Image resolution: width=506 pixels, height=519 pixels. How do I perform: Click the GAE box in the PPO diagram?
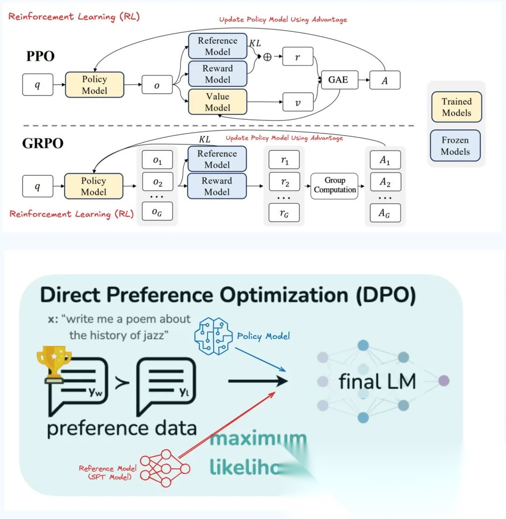click(x=338, y=80)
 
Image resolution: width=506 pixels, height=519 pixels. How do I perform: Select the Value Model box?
click(x=217, y=102)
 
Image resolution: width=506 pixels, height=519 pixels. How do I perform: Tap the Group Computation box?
click(x=335, y=185)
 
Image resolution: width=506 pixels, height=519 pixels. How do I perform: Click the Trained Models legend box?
click(x=456, y=107)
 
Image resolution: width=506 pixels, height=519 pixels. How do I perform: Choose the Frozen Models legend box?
click(x=455, y=146)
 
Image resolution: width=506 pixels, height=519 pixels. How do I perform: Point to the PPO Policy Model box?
click(x=95, y=85)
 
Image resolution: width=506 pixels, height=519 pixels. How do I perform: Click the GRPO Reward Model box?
click(x=217, y=186)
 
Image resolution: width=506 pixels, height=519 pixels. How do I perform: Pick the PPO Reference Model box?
click(x=217, y=46)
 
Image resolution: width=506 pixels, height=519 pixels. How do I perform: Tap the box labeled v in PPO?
click(x=298, y=102)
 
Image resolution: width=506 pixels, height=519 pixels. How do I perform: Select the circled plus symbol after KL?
click(x=268, y=57)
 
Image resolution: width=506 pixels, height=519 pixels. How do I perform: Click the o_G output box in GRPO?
click(x=157, y=211)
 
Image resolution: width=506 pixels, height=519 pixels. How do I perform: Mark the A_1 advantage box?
click(x=385, y=160)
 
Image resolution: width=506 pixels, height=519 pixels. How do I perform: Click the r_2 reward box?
click(x=284, y=181)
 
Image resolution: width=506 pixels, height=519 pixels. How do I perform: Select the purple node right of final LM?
click(x=443, y=380)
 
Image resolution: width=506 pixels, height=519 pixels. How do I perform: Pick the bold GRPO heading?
click(x=43, y=143)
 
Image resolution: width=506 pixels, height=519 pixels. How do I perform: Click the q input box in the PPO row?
click(x=37, y=85)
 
